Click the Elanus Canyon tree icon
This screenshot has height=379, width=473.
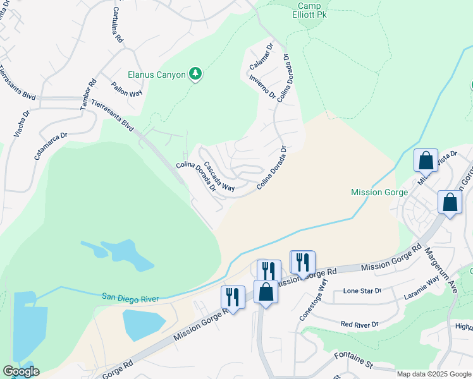click(196, 75)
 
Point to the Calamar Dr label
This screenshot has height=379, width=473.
click(262, 55)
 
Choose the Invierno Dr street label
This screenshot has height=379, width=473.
click(262, 88)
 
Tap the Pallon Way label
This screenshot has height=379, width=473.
click(127, 89)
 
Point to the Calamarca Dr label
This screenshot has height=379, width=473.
click(51, 145)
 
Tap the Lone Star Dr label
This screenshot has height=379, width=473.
click(362, 291)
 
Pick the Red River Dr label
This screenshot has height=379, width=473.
click(359, 324)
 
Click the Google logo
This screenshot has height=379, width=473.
click(21, 371)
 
